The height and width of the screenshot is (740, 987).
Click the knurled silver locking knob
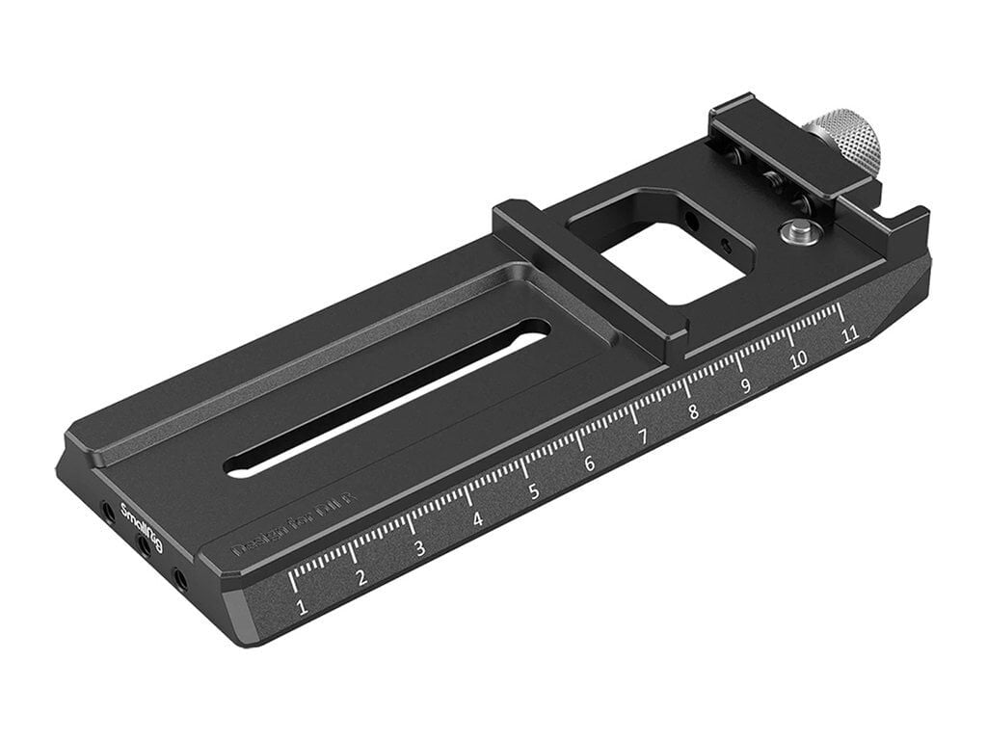[x=845, y=143]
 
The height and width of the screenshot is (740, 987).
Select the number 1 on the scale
[x=302, y=607]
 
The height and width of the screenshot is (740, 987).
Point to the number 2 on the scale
[x=360, y=578]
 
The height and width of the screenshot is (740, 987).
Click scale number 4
[x=477, y=520]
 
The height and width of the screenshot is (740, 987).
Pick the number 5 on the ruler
[x=533, y=491]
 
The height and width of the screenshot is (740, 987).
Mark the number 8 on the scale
[x=693, y=411]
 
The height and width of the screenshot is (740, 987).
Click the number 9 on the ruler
[x=744, y=385]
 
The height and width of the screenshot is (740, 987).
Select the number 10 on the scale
[x=798, y=360]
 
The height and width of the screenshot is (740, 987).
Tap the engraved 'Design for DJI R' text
[x=295, y=525]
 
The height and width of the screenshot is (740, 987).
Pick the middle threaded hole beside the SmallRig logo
[x=144, y=545]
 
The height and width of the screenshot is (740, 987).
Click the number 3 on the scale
[x=419, y=549]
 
